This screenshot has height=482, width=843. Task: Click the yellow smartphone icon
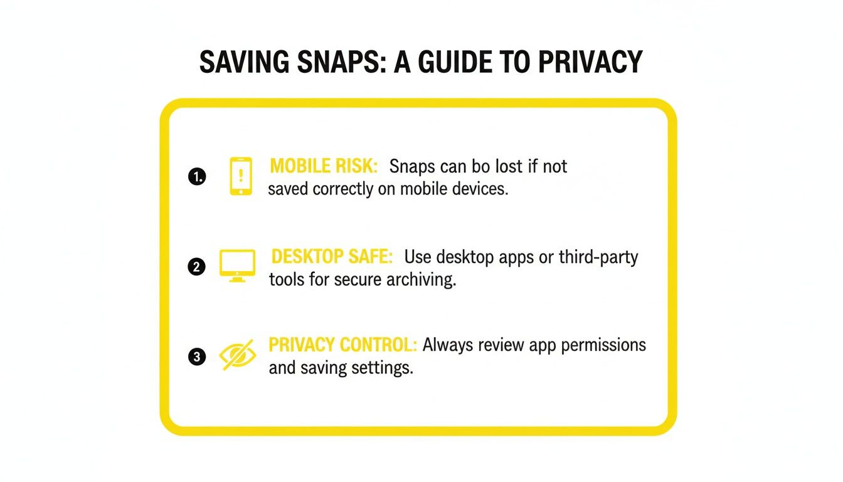241,176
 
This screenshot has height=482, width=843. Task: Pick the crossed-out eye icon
237,356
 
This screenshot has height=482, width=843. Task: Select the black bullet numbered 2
196,267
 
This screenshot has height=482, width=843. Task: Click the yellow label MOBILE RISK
324,166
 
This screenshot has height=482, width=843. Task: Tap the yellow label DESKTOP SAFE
332,257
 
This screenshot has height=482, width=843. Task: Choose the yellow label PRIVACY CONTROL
343,345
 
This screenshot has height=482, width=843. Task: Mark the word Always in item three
449,345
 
